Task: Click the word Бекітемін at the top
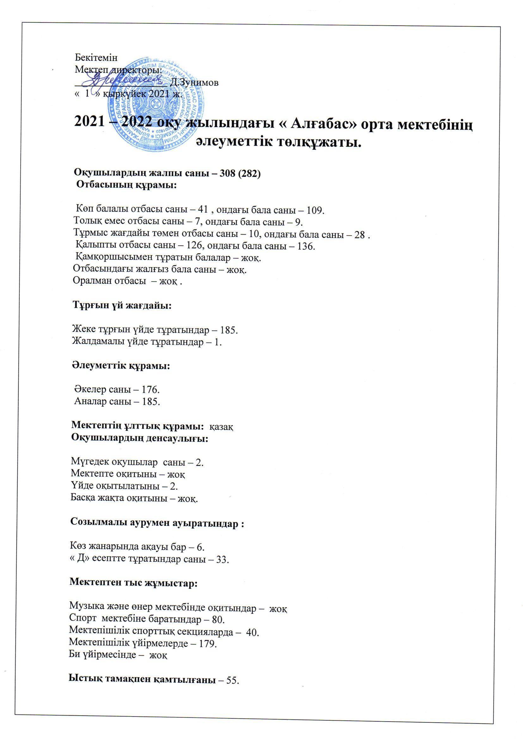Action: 96,58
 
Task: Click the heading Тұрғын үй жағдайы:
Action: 122,305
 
